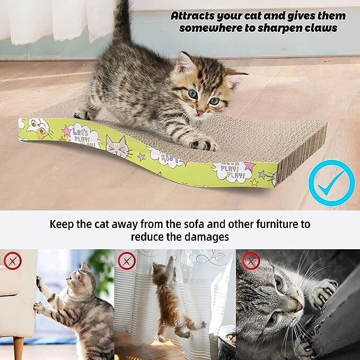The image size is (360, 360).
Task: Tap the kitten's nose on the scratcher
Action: [200, 111]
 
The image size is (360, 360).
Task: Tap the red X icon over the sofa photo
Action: [12, 261]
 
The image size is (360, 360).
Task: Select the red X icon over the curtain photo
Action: [127, 260]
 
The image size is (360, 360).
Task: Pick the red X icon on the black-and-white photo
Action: [250, 261]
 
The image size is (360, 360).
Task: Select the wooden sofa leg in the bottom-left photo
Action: [19, 348]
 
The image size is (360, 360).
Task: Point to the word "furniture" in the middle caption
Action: [282, 224]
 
